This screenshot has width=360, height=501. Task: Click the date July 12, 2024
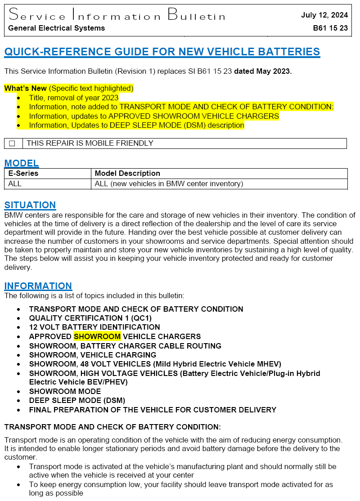coord(324,15)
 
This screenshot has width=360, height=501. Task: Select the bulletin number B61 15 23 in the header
coord(330,28)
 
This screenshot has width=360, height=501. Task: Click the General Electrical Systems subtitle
coord(56,28)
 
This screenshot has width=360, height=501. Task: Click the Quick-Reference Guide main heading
coord(162,52)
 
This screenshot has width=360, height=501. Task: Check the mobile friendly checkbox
coord(13,143)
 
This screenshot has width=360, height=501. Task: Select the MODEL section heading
coord(22,163)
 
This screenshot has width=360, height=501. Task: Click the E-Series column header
coord(23,173)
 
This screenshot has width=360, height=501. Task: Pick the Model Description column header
coord(127,173)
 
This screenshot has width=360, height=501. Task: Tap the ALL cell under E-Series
coord(15,183)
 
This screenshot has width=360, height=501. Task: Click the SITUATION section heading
coord(30,205)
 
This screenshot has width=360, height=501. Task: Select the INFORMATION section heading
coord(38,286)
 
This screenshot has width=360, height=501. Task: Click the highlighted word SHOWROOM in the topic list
coord(97,336)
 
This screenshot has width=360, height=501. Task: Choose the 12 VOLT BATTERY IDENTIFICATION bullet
coord(94,327)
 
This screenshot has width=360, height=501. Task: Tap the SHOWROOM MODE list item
coord(65,391)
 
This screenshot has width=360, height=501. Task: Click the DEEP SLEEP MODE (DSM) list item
coord(77,400)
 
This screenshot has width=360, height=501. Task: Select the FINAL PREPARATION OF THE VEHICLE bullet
coord(153,410)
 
